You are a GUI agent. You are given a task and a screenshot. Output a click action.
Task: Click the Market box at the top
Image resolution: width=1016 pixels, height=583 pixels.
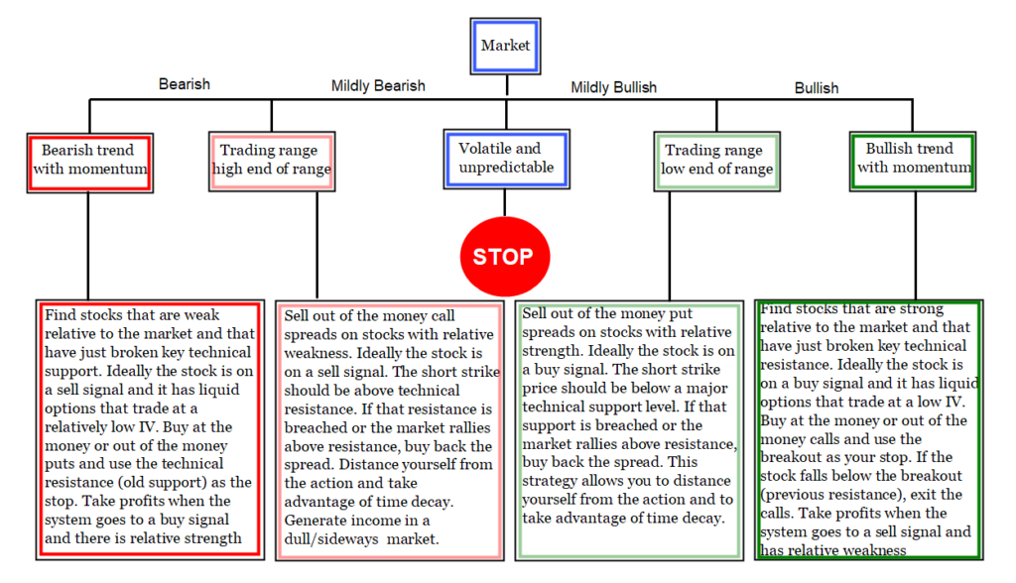505,46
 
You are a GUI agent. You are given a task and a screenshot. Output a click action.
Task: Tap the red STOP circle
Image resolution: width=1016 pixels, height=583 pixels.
505,257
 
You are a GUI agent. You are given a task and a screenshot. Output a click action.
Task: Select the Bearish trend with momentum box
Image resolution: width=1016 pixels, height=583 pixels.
90,164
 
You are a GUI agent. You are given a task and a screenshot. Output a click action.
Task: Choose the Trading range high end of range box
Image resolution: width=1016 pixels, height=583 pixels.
272,162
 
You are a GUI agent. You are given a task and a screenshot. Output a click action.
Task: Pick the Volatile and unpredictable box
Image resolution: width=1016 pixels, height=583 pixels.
507,160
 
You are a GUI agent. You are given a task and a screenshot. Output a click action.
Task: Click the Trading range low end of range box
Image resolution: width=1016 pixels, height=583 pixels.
716,162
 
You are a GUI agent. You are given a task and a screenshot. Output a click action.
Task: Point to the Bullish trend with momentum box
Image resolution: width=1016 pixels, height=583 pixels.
913,162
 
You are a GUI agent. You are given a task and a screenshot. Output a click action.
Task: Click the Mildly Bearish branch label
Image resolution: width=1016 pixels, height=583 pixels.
378,86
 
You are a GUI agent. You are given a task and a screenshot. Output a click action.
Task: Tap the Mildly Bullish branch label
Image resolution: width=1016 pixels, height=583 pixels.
613,87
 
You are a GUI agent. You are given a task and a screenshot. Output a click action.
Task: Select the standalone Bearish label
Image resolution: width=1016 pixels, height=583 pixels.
185,84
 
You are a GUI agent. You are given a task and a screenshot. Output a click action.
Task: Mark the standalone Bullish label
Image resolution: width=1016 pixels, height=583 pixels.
817,88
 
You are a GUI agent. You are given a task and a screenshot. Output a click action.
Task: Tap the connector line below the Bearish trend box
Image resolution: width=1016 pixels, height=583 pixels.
88,246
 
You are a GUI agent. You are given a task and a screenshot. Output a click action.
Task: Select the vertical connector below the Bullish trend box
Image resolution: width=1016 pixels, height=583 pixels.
916,246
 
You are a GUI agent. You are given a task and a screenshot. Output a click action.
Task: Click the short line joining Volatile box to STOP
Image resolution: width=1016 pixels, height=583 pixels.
505,203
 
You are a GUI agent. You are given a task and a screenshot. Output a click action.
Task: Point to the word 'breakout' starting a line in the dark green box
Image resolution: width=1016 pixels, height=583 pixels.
790,457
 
